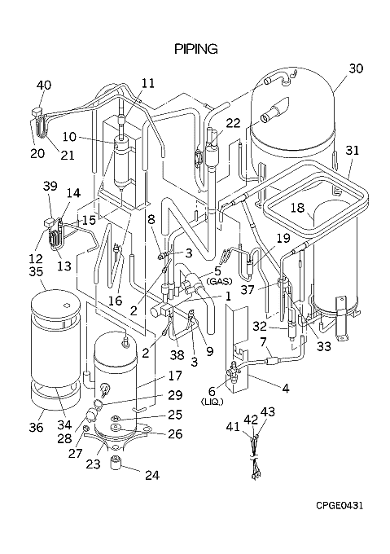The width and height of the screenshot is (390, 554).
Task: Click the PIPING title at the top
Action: [196, 49]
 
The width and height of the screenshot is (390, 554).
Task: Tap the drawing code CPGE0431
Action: [340, 506]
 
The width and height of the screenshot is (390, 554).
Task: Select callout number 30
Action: [356, 68]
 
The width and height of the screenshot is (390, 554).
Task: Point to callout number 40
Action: [44, 86]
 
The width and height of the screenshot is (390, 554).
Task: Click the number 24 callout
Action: [152, 475]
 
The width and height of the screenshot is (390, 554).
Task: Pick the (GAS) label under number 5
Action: [219, 282]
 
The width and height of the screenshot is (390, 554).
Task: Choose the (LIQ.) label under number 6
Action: [212, 402]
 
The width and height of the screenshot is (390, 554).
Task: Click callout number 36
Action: [36, 427]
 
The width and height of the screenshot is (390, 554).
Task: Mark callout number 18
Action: [297, 208]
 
